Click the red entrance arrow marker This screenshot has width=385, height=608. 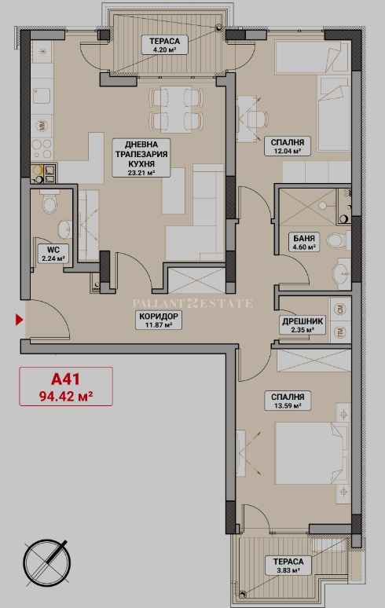19,320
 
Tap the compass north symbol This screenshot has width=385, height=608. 47,562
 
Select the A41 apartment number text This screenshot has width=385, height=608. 65,379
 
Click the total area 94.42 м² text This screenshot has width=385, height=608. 65,396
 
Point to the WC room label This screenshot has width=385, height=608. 53,254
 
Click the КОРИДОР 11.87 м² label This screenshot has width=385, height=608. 159,320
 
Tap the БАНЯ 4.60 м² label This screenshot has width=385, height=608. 303,242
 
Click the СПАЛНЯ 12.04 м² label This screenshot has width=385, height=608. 288,147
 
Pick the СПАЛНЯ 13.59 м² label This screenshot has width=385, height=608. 288,401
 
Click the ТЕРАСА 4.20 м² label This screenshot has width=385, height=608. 164,45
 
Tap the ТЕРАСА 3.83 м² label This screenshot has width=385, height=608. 288,566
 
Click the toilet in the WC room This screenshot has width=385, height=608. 49,203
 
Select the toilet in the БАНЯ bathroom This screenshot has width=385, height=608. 335,240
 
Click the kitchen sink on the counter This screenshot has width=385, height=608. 41,95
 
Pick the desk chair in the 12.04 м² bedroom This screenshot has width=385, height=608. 257,118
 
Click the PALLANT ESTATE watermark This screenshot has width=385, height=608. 192,303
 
